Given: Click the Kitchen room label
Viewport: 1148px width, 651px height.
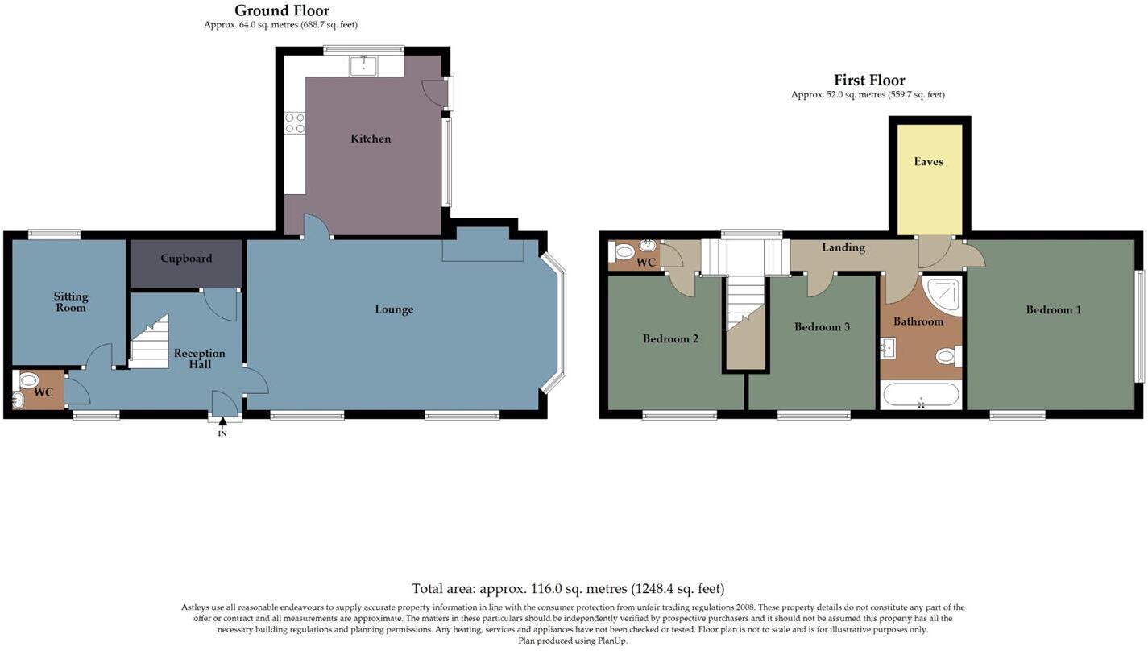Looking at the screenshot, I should tap(371, 139).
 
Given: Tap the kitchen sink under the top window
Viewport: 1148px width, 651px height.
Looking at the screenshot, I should tap(364, 65).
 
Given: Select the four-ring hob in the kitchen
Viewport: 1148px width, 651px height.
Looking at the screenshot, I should tap(295, 122).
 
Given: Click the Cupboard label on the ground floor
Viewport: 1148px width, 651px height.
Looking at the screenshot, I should tap(186, 259).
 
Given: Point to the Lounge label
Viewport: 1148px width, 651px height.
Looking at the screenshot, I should tap(394, 309).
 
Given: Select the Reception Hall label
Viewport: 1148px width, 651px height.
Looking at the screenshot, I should tap(200, 359).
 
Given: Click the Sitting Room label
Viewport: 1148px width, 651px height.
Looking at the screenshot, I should tap(70, 302).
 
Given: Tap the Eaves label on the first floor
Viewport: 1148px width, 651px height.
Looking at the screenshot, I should tap(928, 162).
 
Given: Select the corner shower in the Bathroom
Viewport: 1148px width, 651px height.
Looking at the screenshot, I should tap(943, 295).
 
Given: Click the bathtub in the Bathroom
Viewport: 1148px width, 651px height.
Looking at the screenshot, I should tap(921, 395).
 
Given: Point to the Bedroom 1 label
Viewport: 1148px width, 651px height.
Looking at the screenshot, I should tap(1053, 309).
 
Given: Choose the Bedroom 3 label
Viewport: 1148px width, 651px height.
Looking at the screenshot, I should tap(822, 327).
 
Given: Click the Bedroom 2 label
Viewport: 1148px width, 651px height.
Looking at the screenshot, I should tap(670, 339).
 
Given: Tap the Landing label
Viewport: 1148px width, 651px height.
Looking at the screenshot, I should tap(843, 247).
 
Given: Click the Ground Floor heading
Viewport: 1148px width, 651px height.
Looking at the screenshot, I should tap(282, 10).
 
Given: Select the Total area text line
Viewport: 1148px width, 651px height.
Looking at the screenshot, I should tap(568, 589).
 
